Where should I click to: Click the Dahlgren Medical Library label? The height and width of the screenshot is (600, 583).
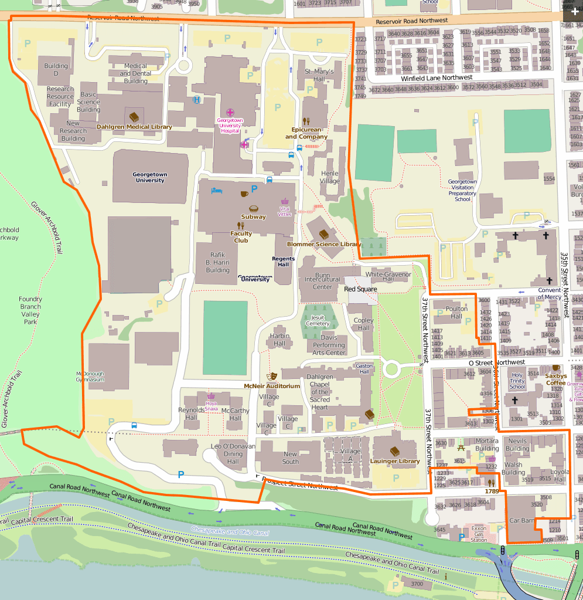(x=134, y=127)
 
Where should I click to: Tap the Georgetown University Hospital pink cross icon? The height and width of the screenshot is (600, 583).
(x=230, y=112)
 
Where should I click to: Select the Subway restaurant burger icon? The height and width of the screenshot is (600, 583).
(x=254, y=209)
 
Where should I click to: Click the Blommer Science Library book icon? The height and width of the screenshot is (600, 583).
(x=323, y=234)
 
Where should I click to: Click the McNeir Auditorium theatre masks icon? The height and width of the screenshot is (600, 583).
(x=272, y=375)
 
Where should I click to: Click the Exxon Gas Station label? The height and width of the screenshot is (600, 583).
(x=479, y=533)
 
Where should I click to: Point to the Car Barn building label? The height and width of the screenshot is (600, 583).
(x=521, y=520)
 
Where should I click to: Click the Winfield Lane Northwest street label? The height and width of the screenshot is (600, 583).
(x=437, y=77)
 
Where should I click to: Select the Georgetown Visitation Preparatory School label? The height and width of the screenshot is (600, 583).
(x=462, y=191)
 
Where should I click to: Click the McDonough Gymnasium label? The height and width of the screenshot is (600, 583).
(x=90, y=377)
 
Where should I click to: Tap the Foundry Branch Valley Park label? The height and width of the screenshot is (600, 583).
(x=30, y=310)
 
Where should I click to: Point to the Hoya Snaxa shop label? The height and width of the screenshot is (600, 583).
(x=211, y=406)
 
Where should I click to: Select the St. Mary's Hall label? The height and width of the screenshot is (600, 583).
(x=319, y=75)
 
